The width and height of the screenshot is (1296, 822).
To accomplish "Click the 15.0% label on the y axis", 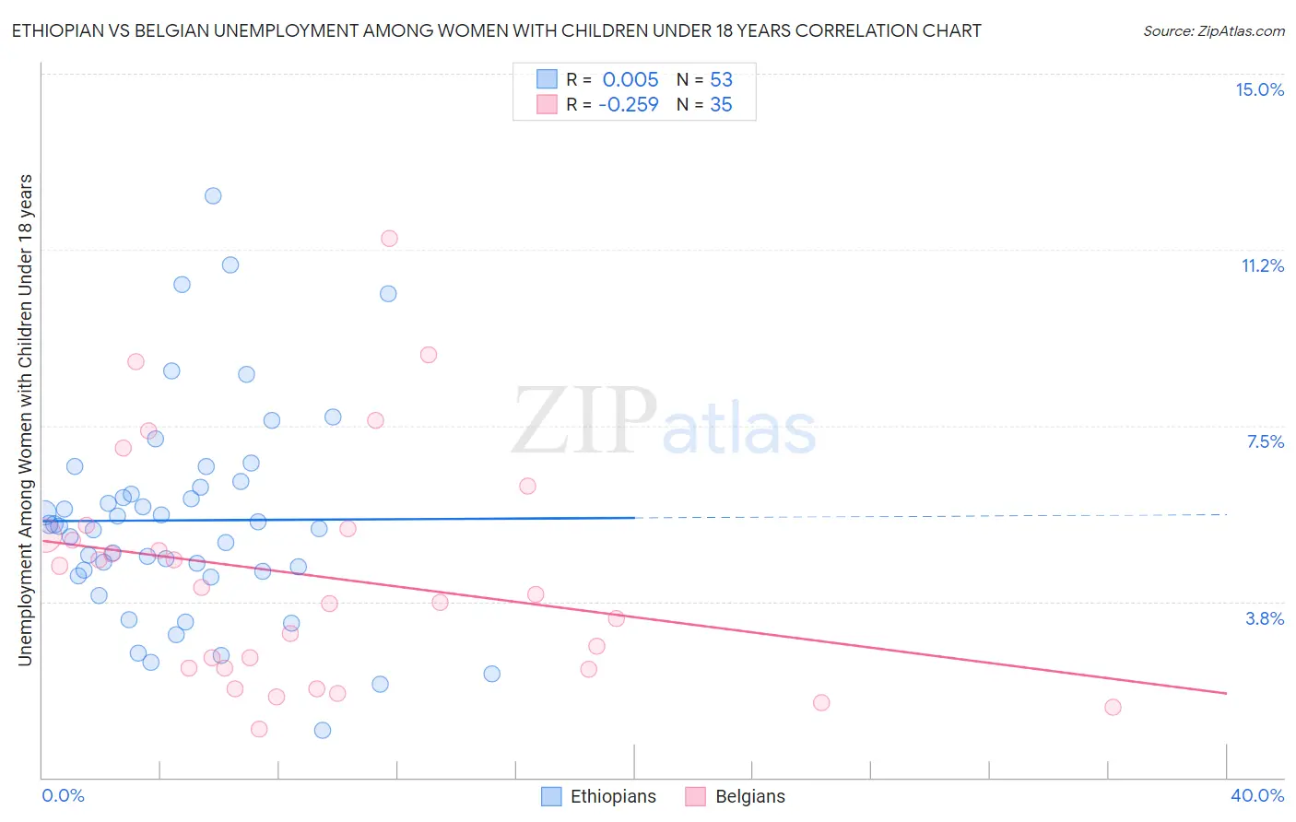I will (x=1259, y=89).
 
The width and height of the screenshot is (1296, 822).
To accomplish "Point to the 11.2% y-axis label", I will (x=1262, y=265).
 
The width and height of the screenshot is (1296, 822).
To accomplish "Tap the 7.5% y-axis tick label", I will (x=1265, y=441).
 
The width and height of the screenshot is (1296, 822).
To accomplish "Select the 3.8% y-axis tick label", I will (x=1265, y=618).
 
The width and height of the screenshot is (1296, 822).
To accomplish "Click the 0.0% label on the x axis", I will (x=63, y=795).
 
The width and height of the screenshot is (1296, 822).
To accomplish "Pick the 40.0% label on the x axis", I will (x=1256, y=795).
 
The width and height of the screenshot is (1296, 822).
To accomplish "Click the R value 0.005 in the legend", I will (x=630, y=79).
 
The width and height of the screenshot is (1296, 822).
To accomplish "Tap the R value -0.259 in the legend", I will (x=628, y=105).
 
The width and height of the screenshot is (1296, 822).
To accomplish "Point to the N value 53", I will (x=721, y=79).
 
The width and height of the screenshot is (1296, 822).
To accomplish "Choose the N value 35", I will (x=721, y=105).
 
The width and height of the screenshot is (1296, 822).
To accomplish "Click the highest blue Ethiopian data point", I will (x=213, y=195).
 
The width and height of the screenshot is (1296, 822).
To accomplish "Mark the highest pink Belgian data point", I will (x=389, y=239).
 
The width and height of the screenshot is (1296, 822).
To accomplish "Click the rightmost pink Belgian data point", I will (x=1113, y=707).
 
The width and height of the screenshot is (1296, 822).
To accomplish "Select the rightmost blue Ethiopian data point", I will (x=492, y=674).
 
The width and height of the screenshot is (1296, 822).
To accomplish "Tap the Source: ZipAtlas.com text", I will (x=1213, y=31).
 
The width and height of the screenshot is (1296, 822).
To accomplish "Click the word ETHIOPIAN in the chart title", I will (x=59, y=31).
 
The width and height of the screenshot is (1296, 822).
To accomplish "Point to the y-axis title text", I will (x=25, y=419).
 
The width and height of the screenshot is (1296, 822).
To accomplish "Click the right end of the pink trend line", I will (x=1226, y=693).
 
